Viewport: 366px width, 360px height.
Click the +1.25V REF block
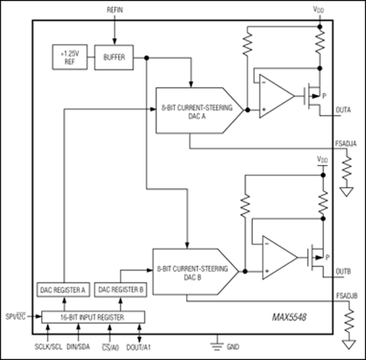pyautogui.click(x=70, y=57)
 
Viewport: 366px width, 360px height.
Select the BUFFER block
pyautogui.click(x=114, y=58)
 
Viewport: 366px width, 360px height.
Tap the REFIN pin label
pyautogui.click(x=115, y=10)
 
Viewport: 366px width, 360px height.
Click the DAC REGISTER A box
pyautogui.click(x=63, y=290)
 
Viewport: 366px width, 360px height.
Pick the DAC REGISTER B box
pyautogui.click(x=120, y=290)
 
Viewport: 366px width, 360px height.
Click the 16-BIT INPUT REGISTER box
pyautogui.click(x=93, y=318)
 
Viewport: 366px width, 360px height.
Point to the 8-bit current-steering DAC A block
pyautogui.click(x=200, y=110)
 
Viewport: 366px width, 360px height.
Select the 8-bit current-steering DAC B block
pyautogui.click(x=196, y=271)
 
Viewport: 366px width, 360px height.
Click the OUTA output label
pyautogui.click(x=343, y=110)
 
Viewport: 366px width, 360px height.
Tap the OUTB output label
pyautogui.click(x=344, y=271)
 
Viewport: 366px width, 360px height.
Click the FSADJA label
pyautogui.click(x=346, y=144)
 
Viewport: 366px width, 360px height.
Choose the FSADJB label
pyautogui.click(x=347, y=296)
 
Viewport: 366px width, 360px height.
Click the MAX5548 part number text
pyautogui.click(x=289, y=318)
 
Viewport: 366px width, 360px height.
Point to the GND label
pyautogui.click(x=233, y=347)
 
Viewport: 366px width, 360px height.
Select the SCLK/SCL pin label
pyautogui.click(x=48, y=347)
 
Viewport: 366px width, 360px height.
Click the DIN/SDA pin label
pyautogui.click(x=78, y=347)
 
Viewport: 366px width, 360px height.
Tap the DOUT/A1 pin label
pyautogui.click(x=138, y=347)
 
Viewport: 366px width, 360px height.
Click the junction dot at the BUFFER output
pyautogui.click(x=146, y=58)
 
